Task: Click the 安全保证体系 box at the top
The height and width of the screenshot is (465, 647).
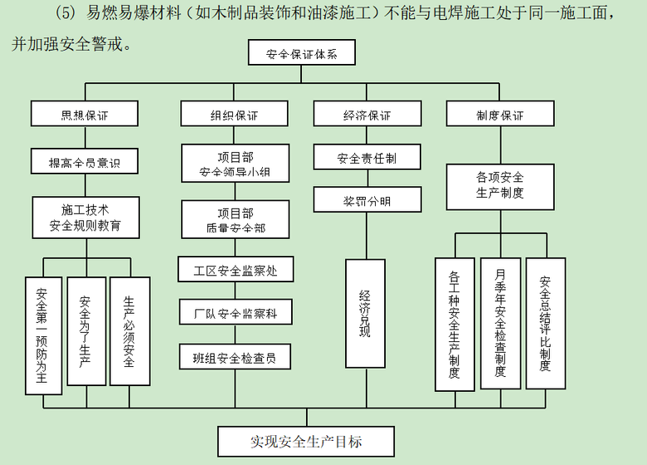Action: click(x=302, y=54)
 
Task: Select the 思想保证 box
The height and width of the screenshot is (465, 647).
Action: click(x=85, y=115)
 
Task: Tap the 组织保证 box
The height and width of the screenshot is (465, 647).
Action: click(x=234, y=115)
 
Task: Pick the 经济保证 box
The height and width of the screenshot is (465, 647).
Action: click(x=367, y=115)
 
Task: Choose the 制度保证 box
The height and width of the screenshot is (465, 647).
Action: click(x=500, y=115)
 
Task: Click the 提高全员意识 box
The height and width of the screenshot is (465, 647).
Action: click(x=85, y=161)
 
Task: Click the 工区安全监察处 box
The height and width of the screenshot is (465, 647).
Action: click(x=236, y=270)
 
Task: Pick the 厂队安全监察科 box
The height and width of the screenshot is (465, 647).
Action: click(x=236, y=313)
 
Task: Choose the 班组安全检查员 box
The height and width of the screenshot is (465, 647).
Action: click(x=236, y=357)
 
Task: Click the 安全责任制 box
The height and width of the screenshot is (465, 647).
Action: click(x=367, y=157)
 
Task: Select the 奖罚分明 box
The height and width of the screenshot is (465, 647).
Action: click(x=367, y=200)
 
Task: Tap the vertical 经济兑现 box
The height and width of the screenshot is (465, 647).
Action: click(x=366, y=313)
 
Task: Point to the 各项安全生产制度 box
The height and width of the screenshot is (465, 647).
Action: click(x=500, y=186)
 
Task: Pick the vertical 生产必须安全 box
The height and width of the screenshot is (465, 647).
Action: click(x=129, y=330)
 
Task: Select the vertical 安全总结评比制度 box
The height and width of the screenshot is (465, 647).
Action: click(x=546, y=323)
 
